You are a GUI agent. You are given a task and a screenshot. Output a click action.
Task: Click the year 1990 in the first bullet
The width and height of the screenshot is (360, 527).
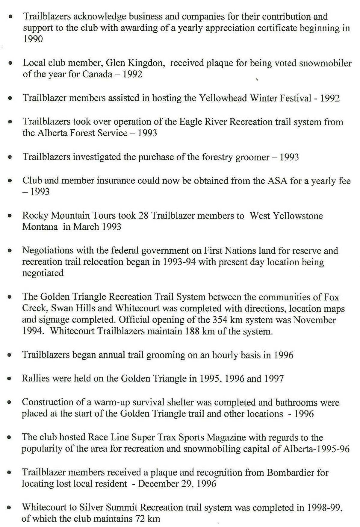tap(33, 39)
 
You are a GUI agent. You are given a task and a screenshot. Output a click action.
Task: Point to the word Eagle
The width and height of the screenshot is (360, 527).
tap(190, 122)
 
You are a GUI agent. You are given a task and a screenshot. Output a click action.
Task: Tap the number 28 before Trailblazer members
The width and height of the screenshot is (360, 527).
tap(143, 216)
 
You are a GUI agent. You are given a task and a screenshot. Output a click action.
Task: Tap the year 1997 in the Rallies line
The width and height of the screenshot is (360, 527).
tap(273, 379)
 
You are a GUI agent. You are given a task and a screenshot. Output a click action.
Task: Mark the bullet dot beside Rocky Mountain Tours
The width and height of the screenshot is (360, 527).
tap(10, 216)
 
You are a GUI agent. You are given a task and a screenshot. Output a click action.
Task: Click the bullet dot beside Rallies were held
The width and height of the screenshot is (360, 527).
tap(10, 379)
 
